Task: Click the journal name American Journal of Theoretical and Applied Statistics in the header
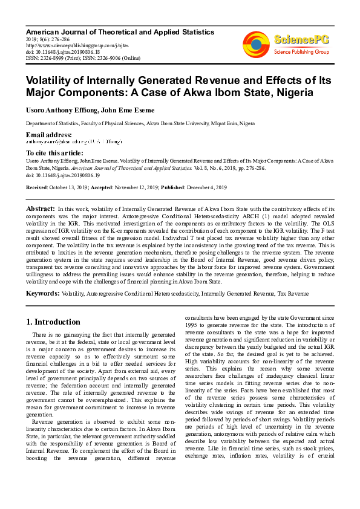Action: tap(120, 31)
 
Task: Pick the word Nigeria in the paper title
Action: tap(289, 93)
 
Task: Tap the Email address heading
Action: tap(48, 134)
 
